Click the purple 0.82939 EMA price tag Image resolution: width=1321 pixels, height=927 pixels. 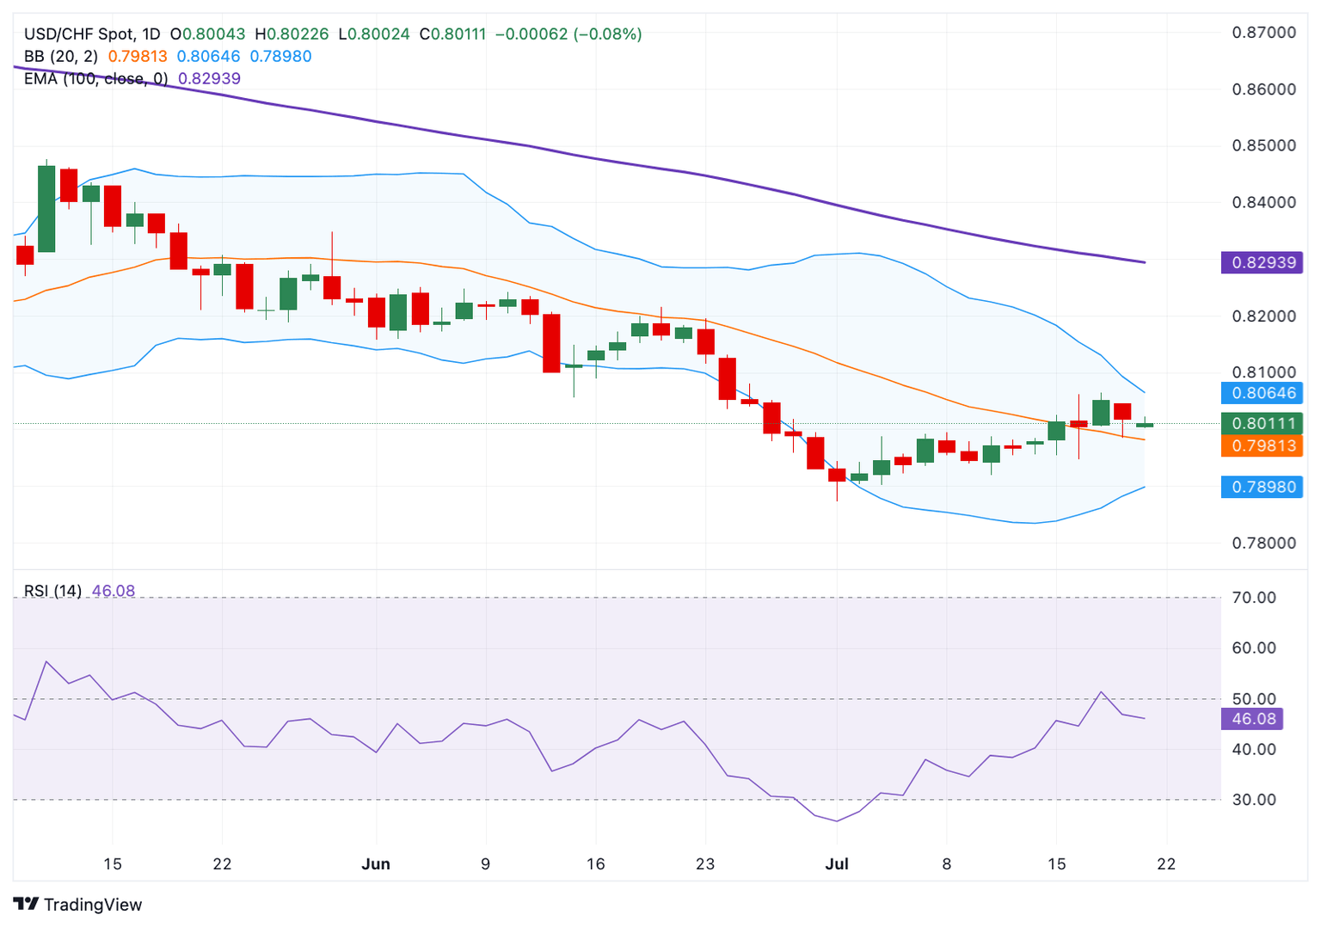1262,262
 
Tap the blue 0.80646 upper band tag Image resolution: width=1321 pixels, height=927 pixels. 1262,393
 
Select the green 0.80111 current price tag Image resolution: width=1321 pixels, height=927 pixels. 1262,423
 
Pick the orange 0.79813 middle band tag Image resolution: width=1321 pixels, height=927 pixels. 1262,445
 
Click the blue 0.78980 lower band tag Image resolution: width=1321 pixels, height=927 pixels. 1262,487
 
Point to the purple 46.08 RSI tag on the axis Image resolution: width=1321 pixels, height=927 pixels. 1252,719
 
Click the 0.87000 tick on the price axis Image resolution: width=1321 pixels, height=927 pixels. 1263,33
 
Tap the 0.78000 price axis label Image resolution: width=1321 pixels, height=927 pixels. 1263,543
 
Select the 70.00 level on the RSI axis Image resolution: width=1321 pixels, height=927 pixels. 1254,598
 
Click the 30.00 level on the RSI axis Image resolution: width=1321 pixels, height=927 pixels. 1254,800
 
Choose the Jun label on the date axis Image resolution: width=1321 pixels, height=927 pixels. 376,864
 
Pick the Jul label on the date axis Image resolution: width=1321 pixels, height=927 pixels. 837,864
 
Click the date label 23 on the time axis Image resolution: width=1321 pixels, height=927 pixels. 705,864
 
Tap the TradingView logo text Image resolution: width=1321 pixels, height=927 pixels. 92,905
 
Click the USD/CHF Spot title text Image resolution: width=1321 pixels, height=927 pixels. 79,34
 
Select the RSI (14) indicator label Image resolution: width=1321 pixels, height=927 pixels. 52,591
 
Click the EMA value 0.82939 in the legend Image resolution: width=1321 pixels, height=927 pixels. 209,78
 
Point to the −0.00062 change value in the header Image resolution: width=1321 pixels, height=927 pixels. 531,34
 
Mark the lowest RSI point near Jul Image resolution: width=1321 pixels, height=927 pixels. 837,821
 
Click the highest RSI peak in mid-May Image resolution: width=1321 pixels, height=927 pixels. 46,661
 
